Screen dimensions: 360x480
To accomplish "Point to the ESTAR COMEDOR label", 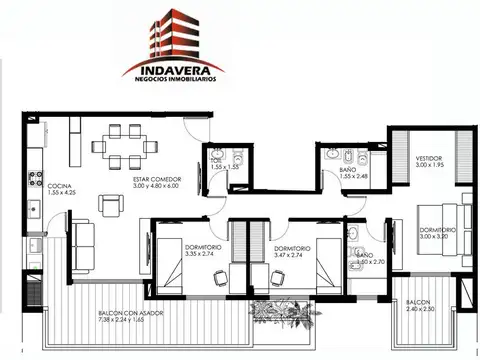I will coord(154,179).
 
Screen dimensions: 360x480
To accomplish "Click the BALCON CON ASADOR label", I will coord(131,313).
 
